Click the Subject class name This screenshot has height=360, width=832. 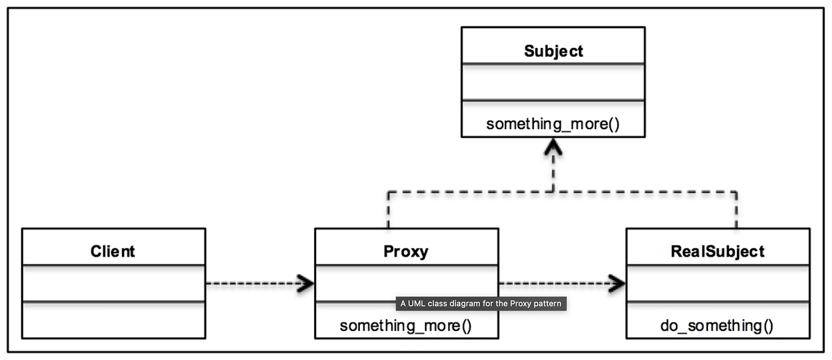click(x=553, y=51)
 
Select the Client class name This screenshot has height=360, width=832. click(x=113, y=251)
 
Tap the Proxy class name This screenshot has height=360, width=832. click(x=406, y=251)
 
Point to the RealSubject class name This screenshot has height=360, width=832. click(x=718, y=251)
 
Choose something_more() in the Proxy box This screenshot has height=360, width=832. click(x=406, y=325)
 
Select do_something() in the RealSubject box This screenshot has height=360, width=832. click(x=717, y=325)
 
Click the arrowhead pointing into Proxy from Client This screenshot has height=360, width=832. click(x=306, y=283)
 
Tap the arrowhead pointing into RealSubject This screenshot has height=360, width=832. click(x=616, y=283)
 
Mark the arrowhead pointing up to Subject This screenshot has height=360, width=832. click(x=553, y=147)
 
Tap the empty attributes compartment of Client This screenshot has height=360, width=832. click(x=113, y=283)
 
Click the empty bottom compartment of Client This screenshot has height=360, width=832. click(x=113, y=320)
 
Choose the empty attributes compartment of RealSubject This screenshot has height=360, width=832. click(x=718, y=283)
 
